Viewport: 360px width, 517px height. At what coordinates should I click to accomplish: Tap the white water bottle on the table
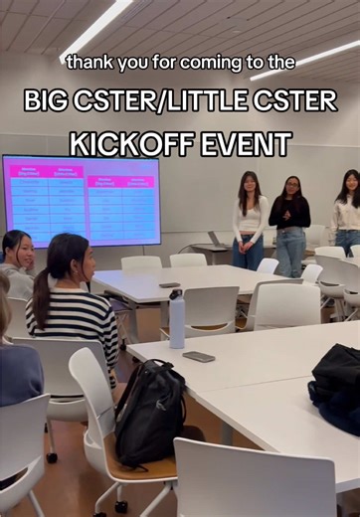tap(177, 320)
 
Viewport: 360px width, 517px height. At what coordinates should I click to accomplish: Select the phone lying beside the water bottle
tap(199, 356)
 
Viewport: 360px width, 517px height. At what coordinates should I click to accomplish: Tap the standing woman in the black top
tap(290, 224)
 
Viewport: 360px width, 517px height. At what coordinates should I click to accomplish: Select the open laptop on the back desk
tap(218, 240)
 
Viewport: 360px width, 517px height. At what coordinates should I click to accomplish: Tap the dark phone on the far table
tap(169, 285)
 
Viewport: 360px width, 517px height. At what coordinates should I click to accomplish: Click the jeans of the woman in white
tap(249, 253)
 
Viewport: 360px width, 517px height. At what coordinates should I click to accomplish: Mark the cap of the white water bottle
tap(176, 296)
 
